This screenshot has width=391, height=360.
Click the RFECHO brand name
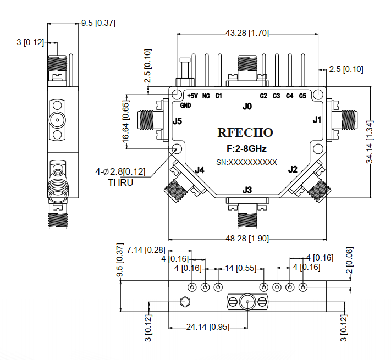pos(245,132)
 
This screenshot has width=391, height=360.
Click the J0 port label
pos(247,106)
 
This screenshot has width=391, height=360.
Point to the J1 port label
pos(316,119)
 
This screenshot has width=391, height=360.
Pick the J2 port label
pos(293,169)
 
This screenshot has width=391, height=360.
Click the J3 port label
pos(247,191)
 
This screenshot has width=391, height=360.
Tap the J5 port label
pos(177,121)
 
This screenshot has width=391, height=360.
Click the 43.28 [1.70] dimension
pos(247,33)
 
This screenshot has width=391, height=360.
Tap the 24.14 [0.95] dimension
pos(206,327)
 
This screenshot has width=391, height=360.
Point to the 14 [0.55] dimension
pos(241,268)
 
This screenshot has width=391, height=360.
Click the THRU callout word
pos(120,182)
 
